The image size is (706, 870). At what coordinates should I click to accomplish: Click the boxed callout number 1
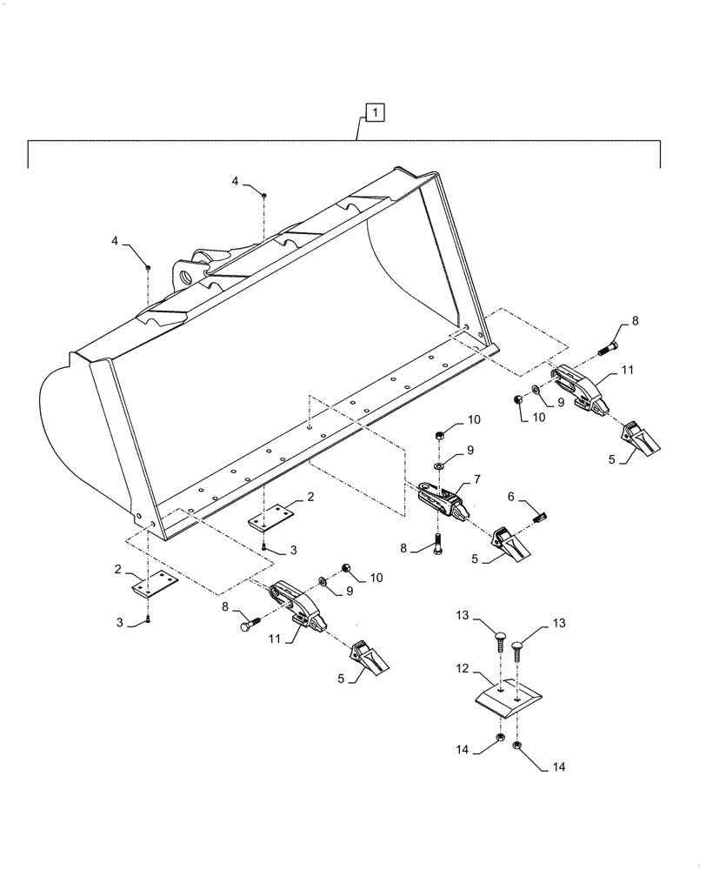(x=373, y=111)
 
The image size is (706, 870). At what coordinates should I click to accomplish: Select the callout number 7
(x=476, y=478)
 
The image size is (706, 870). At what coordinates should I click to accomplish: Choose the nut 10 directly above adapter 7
(x=441, y=433)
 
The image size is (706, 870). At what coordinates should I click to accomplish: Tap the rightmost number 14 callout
(x=557, y=767)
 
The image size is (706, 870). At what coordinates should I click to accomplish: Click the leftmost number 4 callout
(x=116, y=239)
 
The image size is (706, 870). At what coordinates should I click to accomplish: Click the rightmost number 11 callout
(x=628, y=371)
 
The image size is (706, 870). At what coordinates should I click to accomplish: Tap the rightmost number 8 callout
(x=635, y=321)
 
